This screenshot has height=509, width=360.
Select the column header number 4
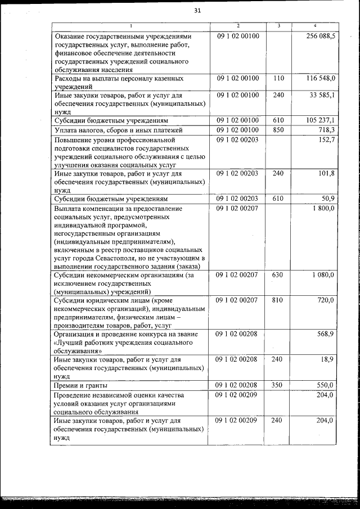click(x=315, y=26)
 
